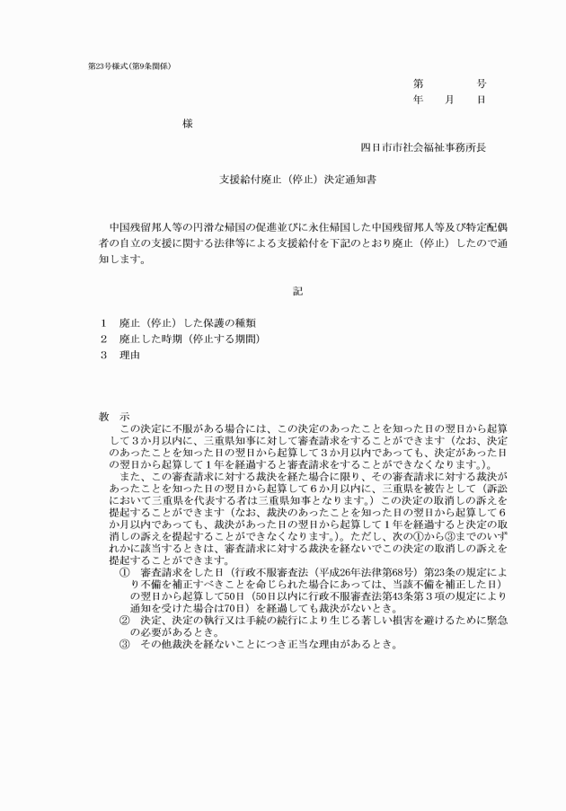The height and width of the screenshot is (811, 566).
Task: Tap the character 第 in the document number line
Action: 418,83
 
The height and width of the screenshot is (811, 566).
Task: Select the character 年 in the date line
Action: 418,100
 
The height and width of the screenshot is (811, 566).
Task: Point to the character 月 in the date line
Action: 449,100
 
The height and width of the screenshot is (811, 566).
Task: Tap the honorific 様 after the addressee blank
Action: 187,123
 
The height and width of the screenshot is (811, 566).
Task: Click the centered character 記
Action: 298,291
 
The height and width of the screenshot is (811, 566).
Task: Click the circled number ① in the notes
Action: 124,596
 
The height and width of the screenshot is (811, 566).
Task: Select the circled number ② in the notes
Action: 124,644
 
